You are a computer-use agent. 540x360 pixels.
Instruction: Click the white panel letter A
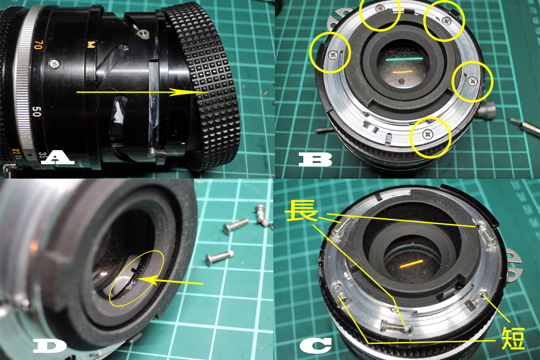point(58,157)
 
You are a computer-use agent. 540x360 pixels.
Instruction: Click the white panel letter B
point(315,159)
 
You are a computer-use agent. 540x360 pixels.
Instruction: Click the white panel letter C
point(316,345)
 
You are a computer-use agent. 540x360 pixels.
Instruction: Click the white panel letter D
point(49,346)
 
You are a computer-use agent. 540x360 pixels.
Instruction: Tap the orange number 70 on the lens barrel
point(39,45)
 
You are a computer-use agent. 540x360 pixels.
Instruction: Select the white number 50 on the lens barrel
point(36,112)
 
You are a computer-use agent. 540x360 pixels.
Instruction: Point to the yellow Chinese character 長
point(301,211)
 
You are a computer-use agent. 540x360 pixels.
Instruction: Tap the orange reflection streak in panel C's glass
point(411,263)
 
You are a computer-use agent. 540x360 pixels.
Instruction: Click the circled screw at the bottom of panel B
point(428,135)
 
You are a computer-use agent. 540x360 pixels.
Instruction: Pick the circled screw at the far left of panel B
point(333,55)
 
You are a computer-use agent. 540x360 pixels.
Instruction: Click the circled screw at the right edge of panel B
point(473,81)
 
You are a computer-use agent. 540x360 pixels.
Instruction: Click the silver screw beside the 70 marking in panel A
point(54,64)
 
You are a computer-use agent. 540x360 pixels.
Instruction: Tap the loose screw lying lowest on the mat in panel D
point(220,257)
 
